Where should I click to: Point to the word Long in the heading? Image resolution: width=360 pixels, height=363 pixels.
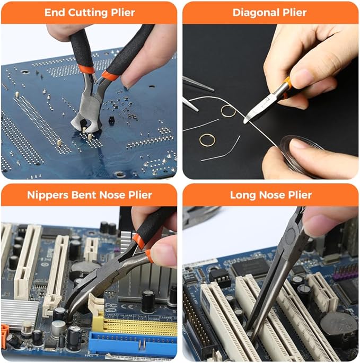click(x=242, y=194)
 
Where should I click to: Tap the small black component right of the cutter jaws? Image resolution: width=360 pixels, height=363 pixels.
click(x=112, y=120)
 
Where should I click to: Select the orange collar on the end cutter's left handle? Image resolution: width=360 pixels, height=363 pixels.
click(x=85, y=69)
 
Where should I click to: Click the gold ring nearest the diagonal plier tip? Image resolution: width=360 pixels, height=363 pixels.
click(x=229, y=111)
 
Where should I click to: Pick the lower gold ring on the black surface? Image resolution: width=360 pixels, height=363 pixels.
click(x=207, y=140)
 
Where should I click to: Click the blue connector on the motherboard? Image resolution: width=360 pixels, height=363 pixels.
click(x=133, y=344)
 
